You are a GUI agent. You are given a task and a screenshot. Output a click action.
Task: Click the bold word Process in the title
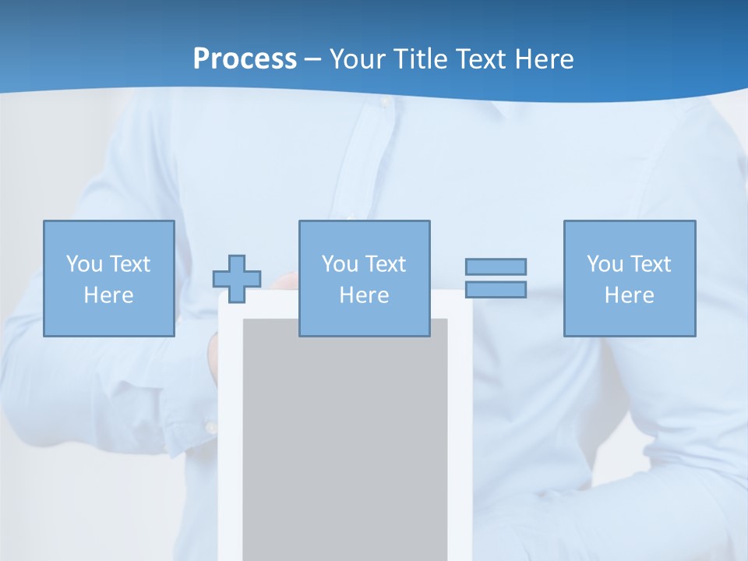pos(245,58)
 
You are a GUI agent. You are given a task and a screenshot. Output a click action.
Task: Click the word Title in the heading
pos(422,58)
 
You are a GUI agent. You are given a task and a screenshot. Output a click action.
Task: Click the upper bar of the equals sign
pos(496,266)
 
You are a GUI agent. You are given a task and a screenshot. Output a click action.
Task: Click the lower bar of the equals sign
pos(496,289)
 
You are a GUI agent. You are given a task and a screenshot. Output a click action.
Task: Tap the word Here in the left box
pos(108,295)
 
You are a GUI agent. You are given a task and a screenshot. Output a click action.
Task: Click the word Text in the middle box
pos(384,264)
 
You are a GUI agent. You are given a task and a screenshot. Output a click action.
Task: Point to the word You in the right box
pos(605,264)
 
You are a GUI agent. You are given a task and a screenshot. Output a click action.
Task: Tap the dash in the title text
pos(313,59)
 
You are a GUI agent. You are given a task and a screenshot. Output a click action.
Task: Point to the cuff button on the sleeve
pos(210,427)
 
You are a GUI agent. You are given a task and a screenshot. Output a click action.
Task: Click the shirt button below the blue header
pos(383,102)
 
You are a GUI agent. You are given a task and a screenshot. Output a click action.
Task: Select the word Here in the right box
pos(630,295)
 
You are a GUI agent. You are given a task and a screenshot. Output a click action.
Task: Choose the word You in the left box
pos(84,264)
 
